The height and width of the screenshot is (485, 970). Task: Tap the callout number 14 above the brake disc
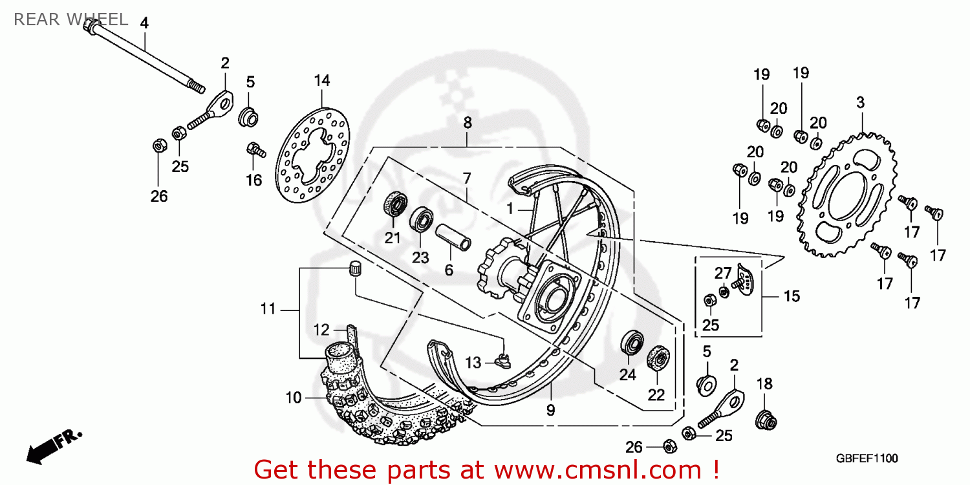coord(322,81)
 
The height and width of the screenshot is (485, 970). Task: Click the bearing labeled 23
coord(422,219)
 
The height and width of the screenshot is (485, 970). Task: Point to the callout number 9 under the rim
coord(550,409)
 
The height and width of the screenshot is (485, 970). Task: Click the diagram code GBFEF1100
coord(866,458)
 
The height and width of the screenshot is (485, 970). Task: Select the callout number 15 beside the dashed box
coord(792,296)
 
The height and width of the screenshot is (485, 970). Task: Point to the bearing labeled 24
coord(631,343)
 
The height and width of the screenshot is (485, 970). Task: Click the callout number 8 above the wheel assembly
coord(468,123)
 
